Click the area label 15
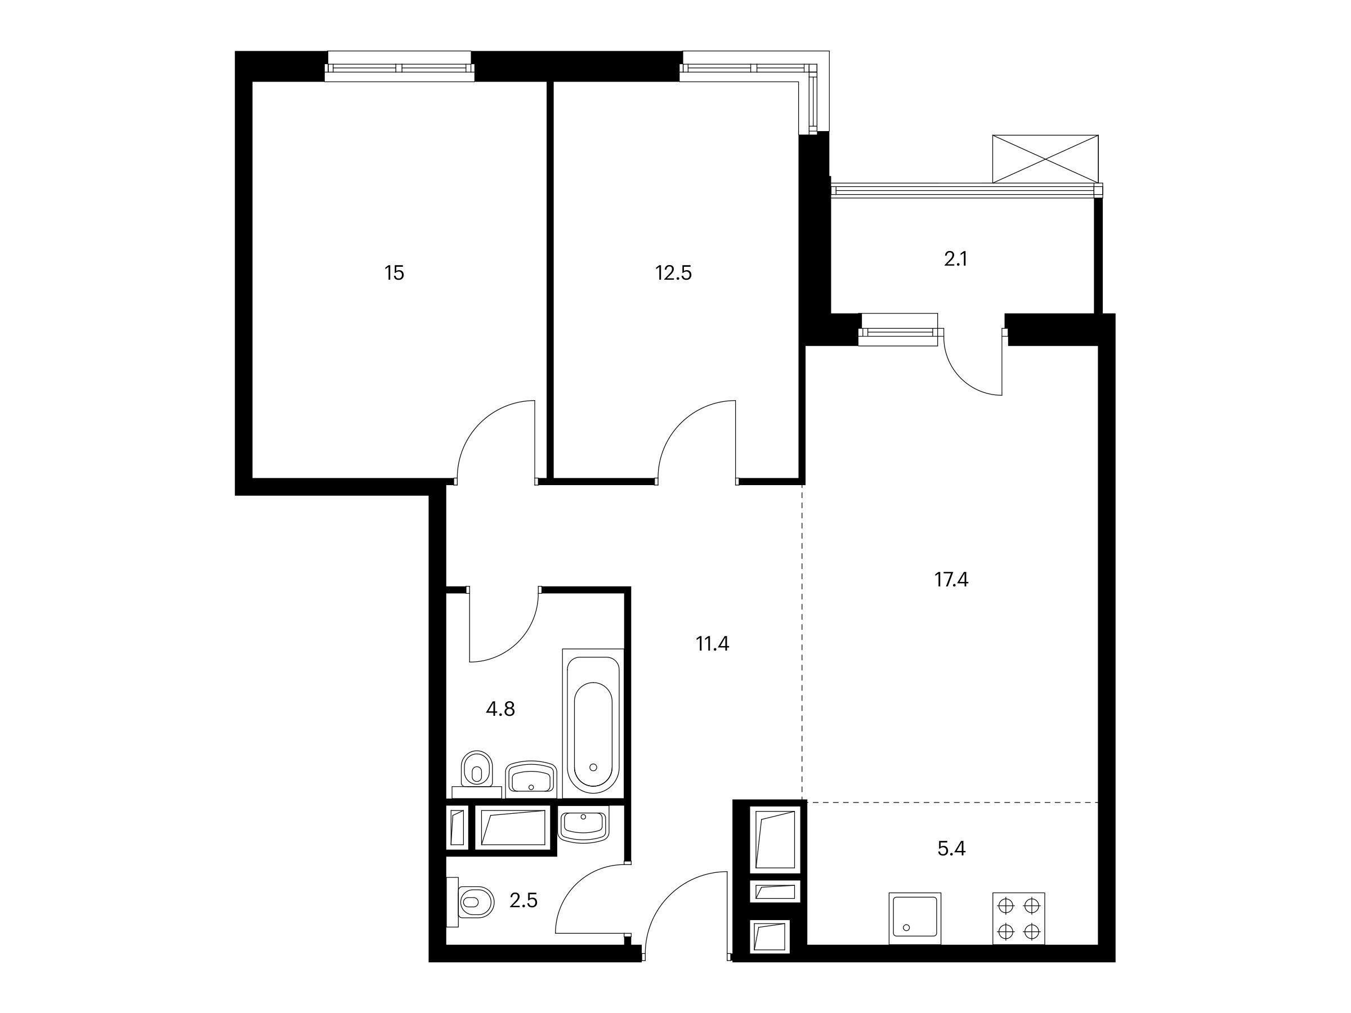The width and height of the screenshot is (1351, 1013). click(x=395, y=273)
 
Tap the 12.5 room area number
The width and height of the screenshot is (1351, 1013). click(x=674, y=273)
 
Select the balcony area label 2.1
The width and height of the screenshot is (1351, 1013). click(x=956, y=259)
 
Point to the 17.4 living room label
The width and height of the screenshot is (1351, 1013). click(x=951, y=580)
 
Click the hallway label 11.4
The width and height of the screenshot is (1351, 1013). click(x=712, y=644)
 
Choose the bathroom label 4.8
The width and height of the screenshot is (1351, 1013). click(x=500, y=709)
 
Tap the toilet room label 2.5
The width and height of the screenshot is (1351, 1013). click(x=524, y=900)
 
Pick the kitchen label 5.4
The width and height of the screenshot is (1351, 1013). click(x=951, y=848)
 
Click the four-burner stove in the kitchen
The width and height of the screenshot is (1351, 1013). click(x=1019, y=918)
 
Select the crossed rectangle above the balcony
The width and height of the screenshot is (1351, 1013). click(x=1046, y=159)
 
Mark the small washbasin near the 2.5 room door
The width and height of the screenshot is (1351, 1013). click(x=583, y=825)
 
